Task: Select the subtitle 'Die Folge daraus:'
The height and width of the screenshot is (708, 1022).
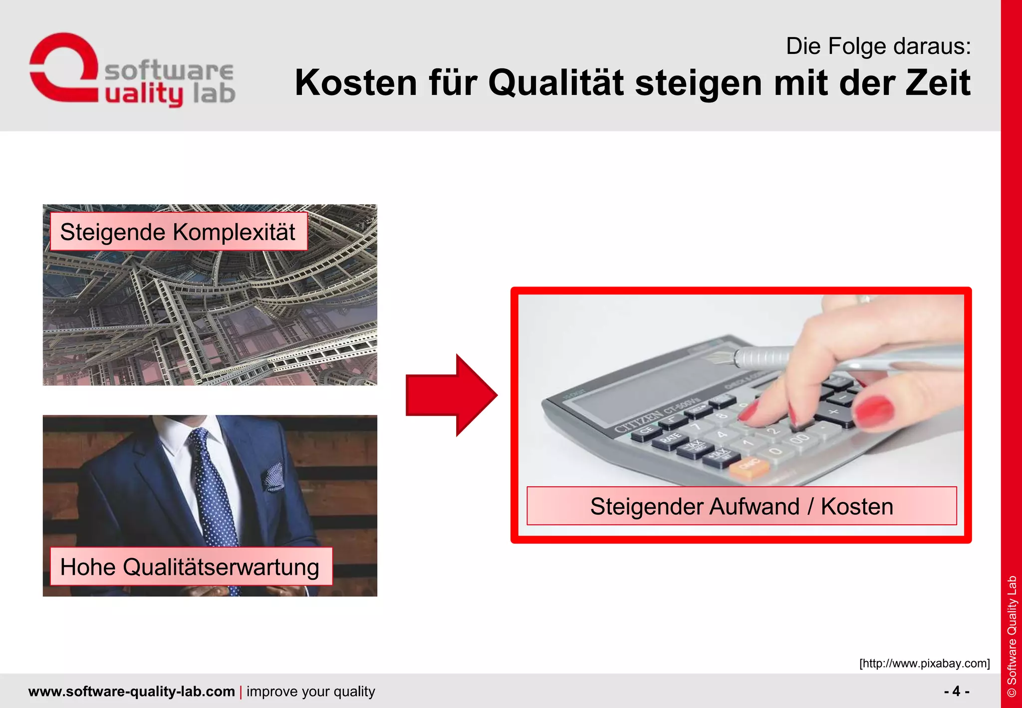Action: tap(878, 46)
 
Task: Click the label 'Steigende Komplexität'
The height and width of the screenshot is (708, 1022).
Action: tap(178, 232)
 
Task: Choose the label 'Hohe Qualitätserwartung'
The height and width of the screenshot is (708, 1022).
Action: tap(190, 567)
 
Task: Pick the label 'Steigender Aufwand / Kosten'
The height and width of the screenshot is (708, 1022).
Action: tap(742, 506)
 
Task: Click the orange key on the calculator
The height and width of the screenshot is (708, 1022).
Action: tap(749, 467)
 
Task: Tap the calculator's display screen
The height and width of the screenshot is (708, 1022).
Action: tap(649, 379)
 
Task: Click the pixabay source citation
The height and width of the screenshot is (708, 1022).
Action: tap(924, 663)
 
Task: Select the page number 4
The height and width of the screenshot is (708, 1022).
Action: tap(956, 691)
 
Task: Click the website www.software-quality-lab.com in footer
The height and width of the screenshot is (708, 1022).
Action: tap(132, 692)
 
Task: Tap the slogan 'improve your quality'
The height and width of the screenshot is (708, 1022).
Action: tap(310, 692)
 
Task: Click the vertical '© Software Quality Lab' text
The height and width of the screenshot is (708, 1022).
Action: tap(1012, 637)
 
